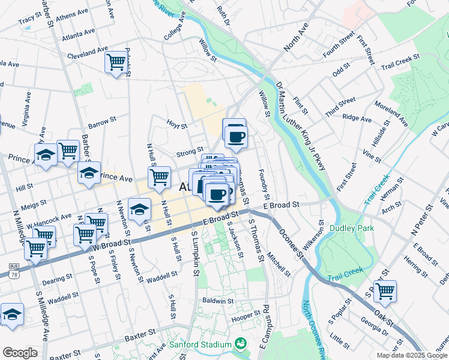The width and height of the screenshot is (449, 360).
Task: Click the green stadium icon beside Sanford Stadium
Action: pyautogui.click(x=241, y=344)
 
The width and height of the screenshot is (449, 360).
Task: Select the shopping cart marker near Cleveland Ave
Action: pyautogui.click(x=115, y=62)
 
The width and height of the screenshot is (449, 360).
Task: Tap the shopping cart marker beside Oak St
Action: pyautogui.click(x=385, y=292)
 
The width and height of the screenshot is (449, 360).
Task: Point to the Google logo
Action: pyautogui.click(x=19, y=353)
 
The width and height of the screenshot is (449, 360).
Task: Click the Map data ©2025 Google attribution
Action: pyautogui.click(x=412, y=355)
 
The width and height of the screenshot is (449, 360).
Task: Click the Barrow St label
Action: pyautogui.click(x=101, y=123)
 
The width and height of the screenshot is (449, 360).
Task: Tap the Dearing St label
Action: pyautogui.click(x=58, y=279)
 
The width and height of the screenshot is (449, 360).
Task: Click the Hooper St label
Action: pyautogui.click(x=245, y=314)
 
